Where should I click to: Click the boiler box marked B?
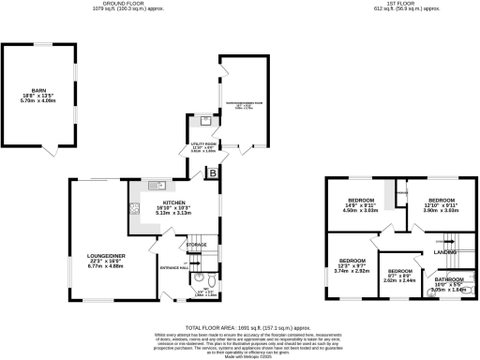213,172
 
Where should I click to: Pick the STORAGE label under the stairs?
196,245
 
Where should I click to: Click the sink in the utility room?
204,121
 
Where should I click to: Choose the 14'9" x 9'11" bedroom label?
360,202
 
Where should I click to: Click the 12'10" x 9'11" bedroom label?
440,202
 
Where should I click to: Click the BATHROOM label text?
448,279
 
